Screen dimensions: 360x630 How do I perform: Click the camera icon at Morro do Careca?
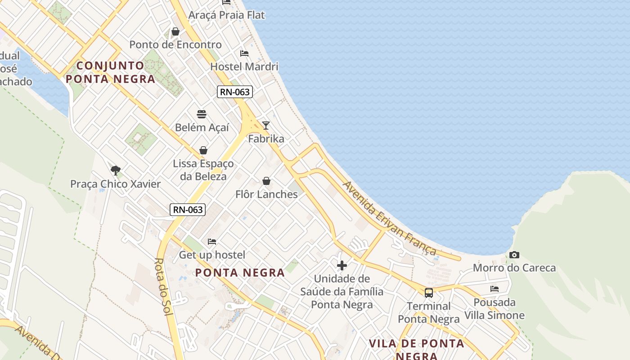[514, 255]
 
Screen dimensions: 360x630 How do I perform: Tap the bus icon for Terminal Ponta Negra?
[429, 293]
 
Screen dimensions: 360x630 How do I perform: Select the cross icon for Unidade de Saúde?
[342, 265]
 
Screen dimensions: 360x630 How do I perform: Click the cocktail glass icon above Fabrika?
[266, 126]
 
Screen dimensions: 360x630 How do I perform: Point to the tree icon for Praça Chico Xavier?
[116, 171]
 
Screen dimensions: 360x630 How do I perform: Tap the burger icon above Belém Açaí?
[202, 114]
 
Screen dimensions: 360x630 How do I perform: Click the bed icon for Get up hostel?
[212, 242]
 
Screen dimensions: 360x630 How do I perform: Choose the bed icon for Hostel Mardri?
[244, 54]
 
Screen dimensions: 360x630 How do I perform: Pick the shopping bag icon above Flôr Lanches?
[266, 181]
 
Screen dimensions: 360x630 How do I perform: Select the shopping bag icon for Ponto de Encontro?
[175, 31]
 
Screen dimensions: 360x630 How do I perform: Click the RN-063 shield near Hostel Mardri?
[235, 92]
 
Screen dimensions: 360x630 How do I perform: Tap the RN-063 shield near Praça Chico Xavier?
[188, 209]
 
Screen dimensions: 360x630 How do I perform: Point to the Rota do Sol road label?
[162, 287]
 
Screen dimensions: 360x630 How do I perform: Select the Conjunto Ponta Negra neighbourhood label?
[110, 72]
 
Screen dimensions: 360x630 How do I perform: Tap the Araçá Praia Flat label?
[226, 15]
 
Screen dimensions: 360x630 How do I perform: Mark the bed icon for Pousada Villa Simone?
[495, 289]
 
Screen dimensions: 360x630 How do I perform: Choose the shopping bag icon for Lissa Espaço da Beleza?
[203, 150]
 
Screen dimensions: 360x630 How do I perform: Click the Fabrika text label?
[266, 139]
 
